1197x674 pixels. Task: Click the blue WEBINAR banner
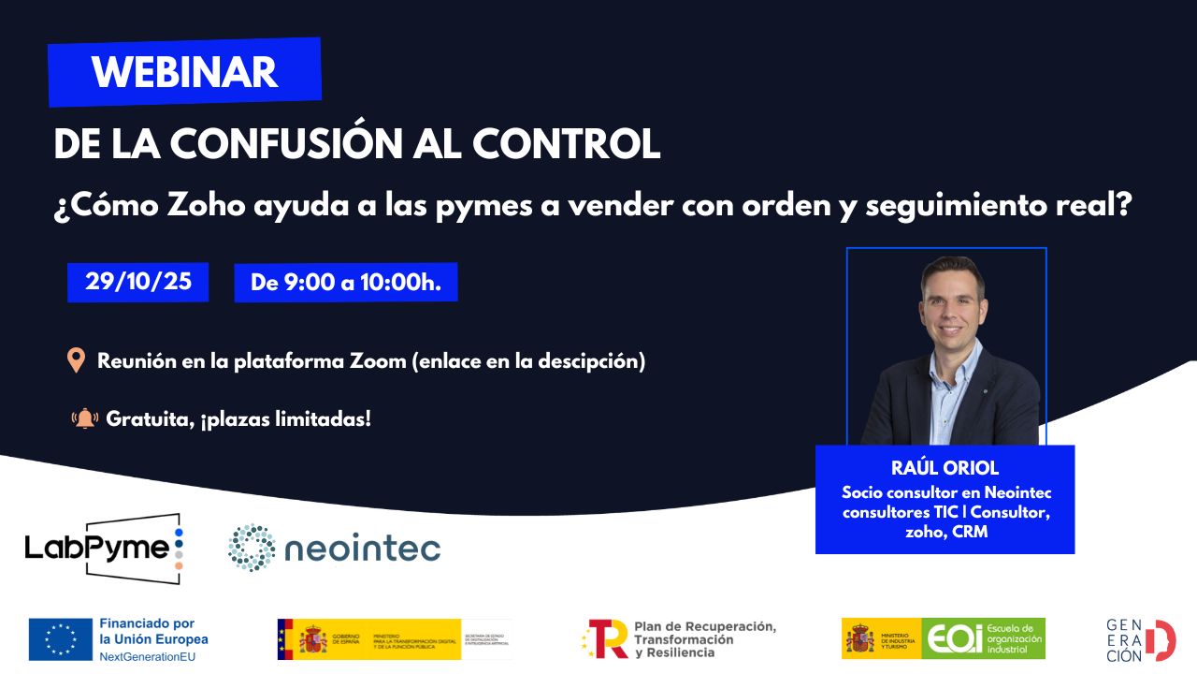pyautogui.click(x=185, y=72)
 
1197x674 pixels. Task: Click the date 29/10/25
pyautogui.click(x=138, y=282)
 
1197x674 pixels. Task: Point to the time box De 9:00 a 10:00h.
pyautogui.click(x=345, y=282)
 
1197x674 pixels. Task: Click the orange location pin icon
pyautogui.click(x=77, y=361)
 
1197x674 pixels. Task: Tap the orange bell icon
pyautogui.click(x=85, y=418)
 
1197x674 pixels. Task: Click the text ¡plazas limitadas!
pyautogui.click(x=285, y=418)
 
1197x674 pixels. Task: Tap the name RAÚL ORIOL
pyautogui.click(x=945, y=469)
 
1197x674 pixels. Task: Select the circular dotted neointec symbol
pyautogui.click(x=252, y=548)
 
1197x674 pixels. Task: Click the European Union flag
pyautogui.click(x=60, y=638)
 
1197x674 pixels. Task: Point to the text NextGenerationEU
pyautogui.click(x=147, y=656)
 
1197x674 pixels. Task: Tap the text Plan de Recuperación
pyautogui.click(x=704, y=626)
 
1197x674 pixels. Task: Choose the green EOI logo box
pyautogui.click(x=983, y=638)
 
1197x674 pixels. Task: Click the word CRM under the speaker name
pyautogui.click(x=970, y=532)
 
